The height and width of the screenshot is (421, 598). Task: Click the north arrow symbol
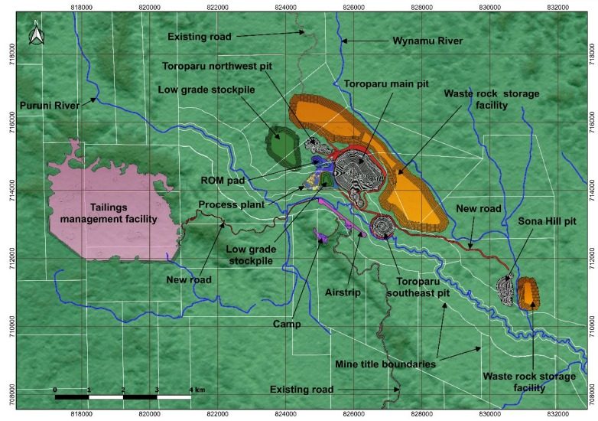click(33, 33)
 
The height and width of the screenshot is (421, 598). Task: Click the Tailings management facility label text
click(114, 212)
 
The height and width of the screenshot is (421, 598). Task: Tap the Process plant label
click(231, 205)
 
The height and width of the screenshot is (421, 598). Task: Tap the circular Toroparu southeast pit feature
click(381, 226)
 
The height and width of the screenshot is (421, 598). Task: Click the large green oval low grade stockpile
click(282, 146)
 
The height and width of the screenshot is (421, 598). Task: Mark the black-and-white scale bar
click(122, 397)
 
